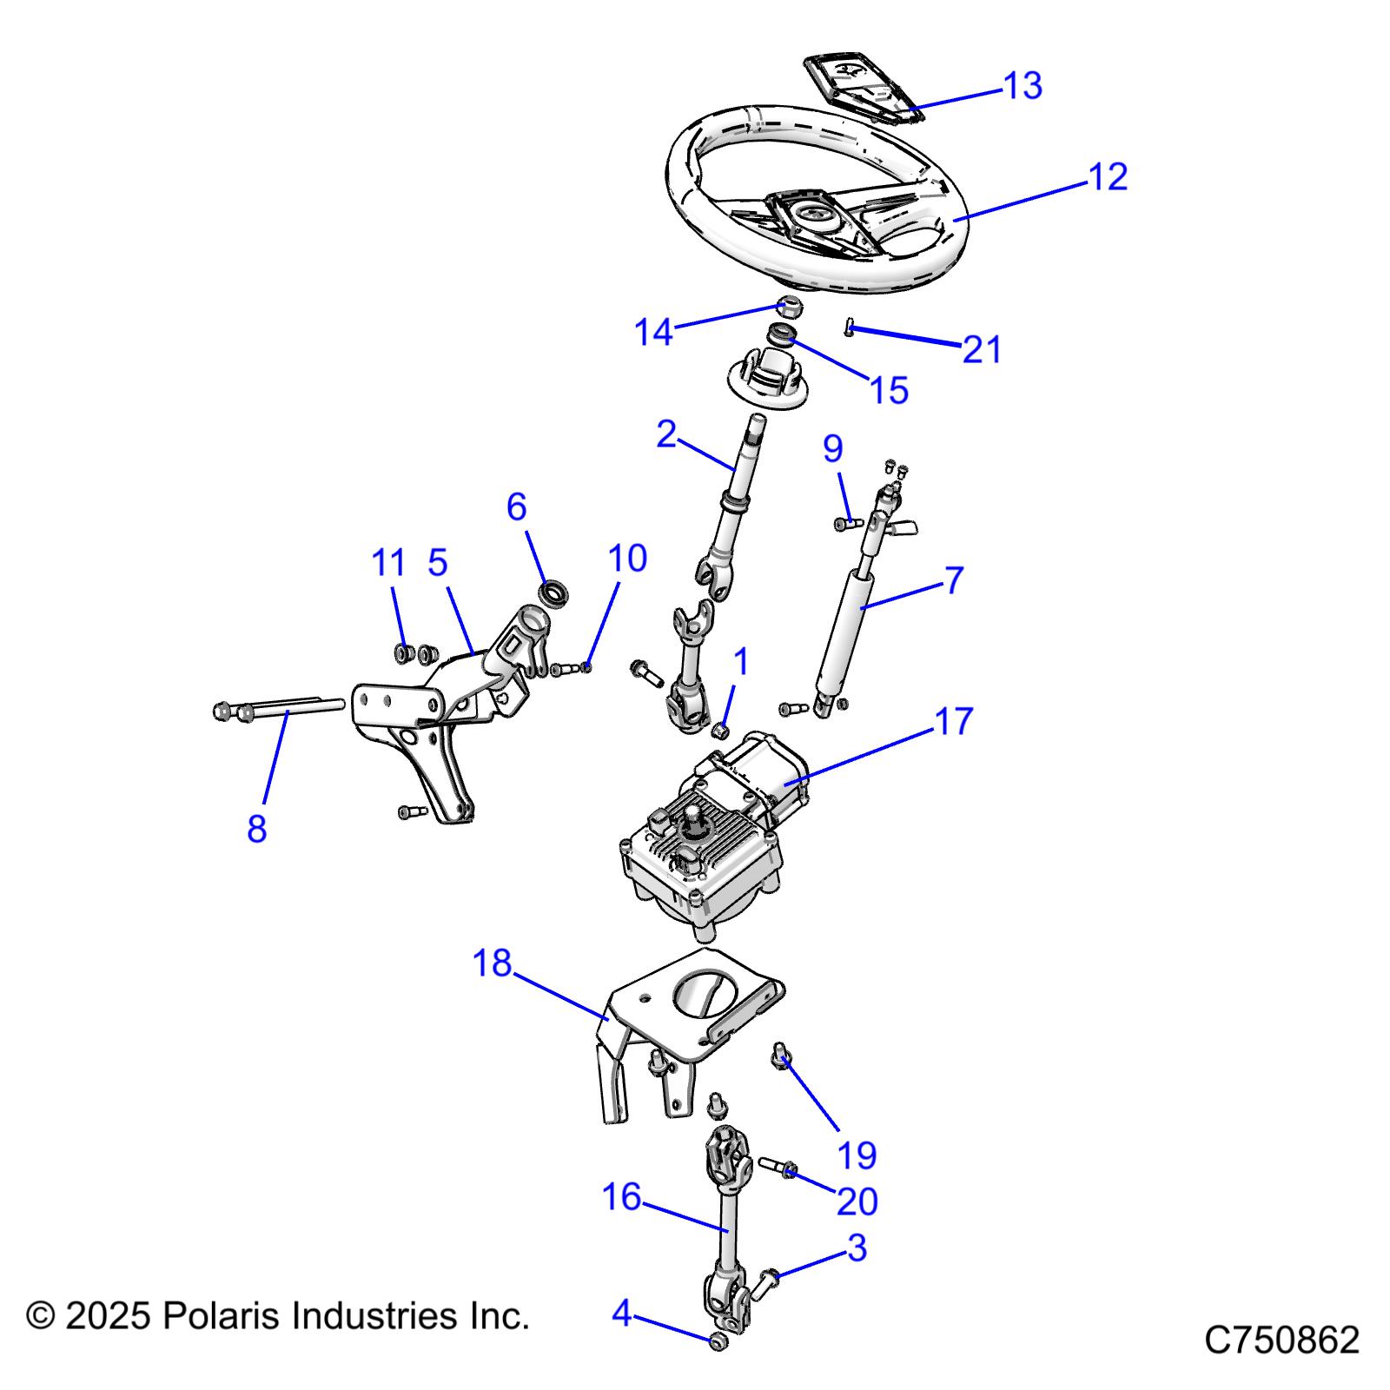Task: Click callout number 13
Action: click(x=1023, y=86)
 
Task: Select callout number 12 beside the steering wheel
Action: click(x=1108, y=176)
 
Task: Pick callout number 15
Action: click(x=889, y=391)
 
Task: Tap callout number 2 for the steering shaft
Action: click(x=666, y=434)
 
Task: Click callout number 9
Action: click(x=832, y=448)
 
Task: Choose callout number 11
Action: click(x=388, y=563)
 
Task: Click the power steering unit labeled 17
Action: click(x=712, y=834)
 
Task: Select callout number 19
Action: click(x=857, y=1155)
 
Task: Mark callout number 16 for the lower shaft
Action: click(x=621, y=1197)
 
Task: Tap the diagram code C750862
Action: click(x=1281, y=1340)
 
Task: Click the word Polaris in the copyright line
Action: click(x=222, y=1316)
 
